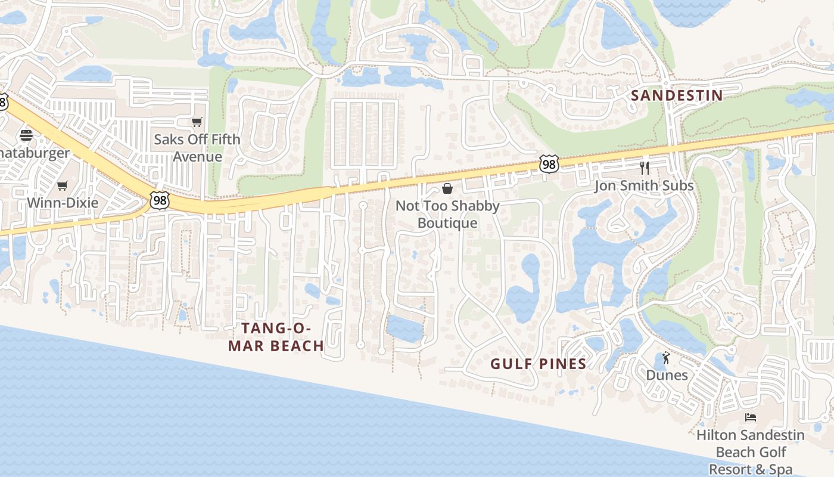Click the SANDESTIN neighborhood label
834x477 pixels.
click(677, 95)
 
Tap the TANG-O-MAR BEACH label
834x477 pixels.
click(276, 337)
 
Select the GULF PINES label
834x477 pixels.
click(538, 364)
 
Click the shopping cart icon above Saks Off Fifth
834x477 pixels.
click(197, 122)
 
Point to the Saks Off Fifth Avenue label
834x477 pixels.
click(197, 148)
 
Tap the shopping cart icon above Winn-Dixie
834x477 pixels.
click(63, 185)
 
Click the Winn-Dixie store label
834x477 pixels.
click(63, 203)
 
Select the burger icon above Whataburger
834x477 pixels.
click(26, 135)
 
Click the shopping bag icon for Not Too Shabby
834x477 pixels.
click(447, 188)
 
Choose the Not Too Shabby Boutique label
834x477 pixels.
click(447, 214)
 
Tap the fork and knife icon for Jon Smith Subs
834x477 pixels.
click(644, 168)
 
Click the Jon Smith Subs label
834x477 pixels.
click(644, 185)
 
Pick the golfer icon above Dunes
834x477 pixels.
click(667, 358)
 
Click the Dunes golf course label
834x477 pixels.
click(667, 375)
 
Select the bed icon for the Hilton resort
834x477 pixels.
click(751, 417)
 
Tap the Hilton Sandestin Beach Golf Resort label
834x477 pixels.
click(751, 452)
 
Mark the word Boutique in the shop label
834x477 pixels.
click(447, 223)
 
